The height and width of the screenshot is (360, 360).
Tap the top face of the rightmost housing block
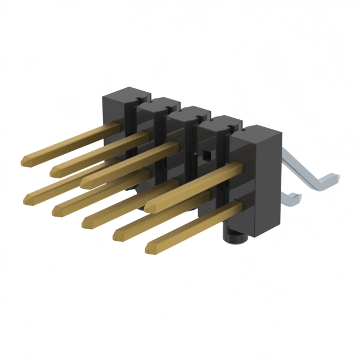(x=256, y=132)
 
